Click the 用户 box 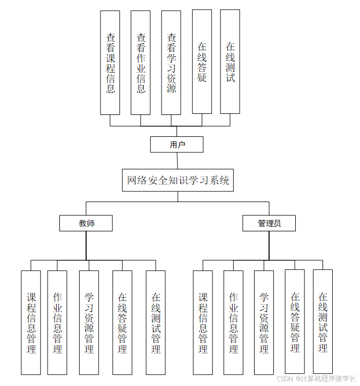pyautogui.click(x=177, y=144)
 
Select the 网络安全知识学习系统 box pyautogui.click(x=178, y=180)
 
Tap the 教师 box pyautogui.click(x=86, y=223)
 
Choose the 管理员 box pyautogui.click(x=269, y=223)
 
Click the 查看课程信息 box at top pyautogui.click(x=110, y=63)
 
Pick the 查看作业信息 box pyautogui.click(x=141, y=63)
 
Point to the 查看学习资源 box pyautogui.click(x=171, y=63)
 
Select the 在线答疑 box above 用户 pyautogui.click(x=202, y=61)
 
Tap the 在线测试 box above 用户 pyautogui.click(x=230, y=61)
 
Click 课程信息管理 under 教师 pyautogui.click(x=31, y=322)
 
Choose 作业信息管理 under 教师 pyautogui.click(x=57, y=322)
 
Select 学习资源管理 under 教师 pyautogui.click(x=89, y=322)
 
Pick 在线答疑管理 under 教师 pyautogui.click(x=122, y=322)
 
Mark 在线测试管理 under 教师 pyautogui.click(x=156, y=322)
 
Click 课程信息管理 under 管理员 pyautogui.click(x=203, y=322)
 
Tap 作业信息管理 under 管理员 pyautogui.click(x=233, y=322)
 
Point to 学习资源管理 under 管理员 pyautogui.click(x=264, y=322)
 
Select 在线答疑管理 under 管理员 pyautogui.click(x=295, y=321)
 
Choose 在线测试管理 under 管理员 pyautogui.click(x=323, y=321)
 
